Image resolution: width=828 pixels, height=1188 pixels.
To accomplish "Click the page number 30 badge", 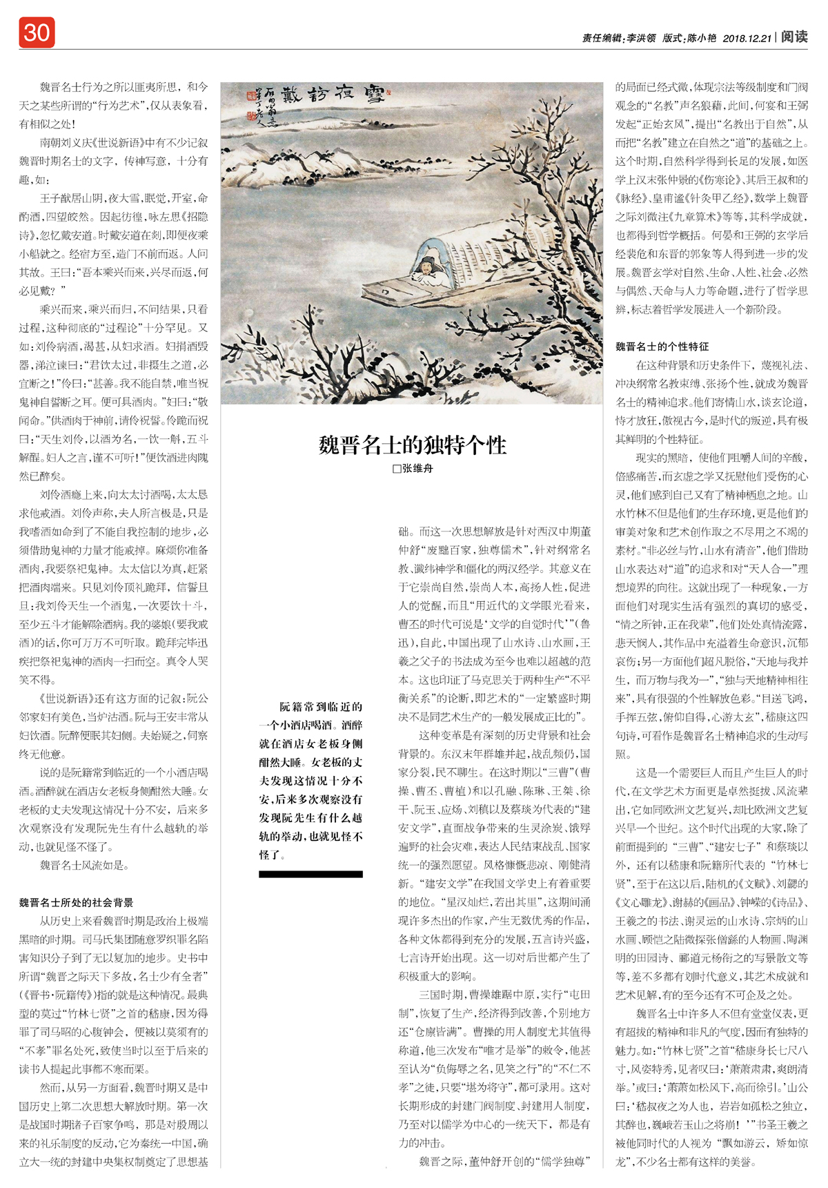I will coord(37,32).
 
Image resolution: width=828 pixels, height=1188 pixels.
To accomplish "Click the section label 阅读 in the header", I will coord(794,37).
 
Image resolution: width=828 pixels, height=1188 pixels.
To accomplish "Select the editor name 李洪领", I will coord(641,39).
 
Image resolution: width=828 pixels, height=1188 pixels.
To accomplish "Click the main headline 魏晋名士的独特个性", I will coord(412,445).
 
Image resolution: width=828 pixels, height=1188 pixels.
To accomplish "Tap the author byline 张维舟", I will coord(417,468).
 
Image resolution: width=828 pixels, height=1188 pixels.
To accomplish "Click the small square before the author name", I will coord(396,469).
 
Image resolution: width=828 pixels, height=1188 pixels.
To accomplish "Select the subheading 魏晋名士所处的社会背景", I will coord(76,902).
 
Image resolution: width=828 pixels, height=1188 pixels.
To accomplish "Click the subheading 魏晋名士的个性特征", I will coord(662,347).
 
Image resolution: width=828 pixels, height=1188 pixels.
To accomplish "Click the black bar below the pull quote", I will coord(310,874).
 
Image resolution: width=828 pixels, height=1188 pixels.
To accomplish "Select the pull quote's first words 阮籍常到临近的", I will coord(320,707).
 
